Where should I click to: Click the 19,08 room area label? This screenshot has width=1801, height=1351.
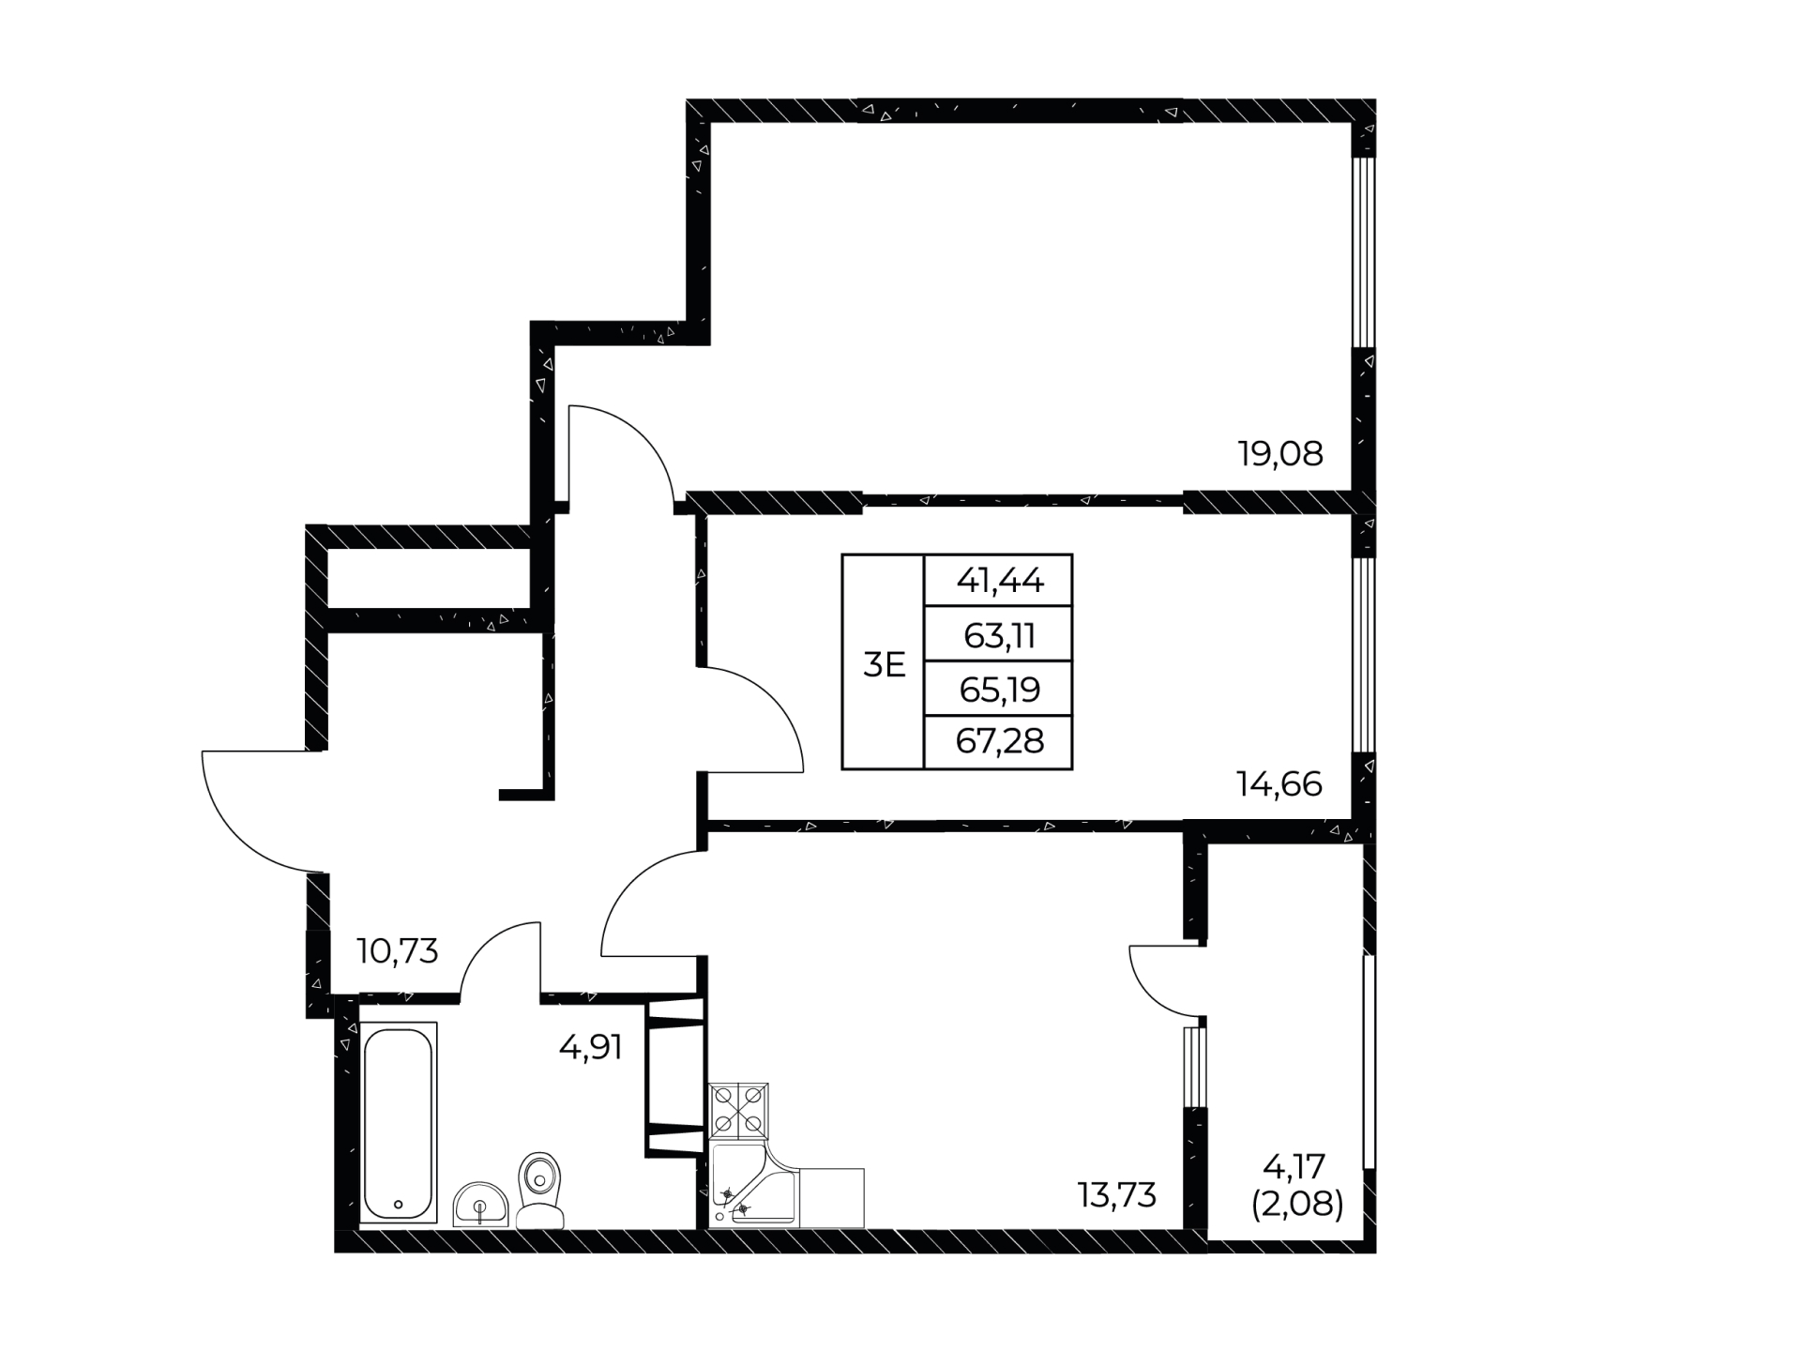(x=1280, y=454)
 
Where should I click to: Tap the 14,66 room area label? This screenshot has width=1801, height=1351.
(x=1279, y=783)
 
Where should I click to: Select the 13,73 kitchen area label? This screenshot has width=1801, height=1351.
(x=1117, y=1195)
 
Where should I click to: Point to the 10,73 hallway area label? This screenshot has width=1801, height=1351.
(x=398, y=951)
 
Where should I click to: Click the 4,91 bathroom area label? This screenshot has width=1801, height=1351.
(x=591, y=1047)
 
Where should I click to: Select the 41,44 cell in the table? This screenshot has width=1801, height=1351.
(x=999, y=581)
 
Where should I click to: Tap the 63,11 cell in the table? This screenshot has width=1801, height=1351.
(x=999, y=635)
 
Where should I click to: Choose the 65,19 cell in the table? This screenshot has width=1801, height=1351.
(x=999, y=690)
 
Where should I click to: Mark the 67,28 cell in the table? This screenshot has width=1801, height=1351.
(x=999, y=742)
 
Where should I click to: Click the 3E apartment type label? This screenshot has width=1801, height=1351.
(x=884, y=665)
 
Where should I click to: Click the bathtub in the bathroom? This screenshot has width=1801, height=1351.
(x=399, y=1124)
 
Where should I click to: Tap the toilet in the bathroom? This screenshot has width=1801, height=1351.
(x=540, y=1190)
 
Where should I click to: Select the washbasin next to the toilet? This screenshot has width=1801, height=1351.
(x=480, y=1205)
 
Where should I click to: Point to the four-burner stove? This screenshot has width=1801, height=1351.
(x=739, y=1112)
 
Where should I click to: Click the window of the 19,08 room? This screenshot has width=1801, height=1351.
(x=1363, y=252)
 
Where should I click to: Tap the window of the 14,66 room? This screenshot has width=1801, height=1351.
(x=1363, y=655)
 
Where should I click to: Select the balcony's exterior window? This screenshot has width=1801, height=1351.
(x=1370, y=1062)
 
